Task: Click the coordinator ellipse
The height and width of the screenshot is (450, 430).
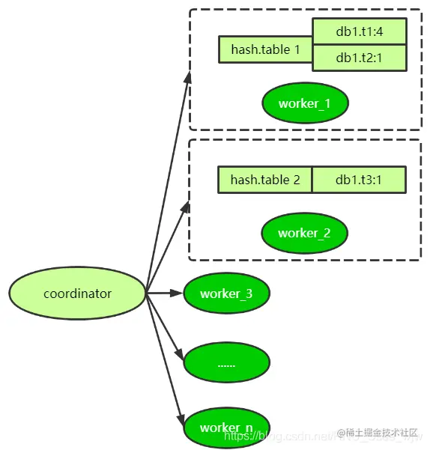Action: (77, 294)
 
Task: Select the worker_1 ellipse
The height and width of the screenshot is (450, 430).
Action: (305, 103)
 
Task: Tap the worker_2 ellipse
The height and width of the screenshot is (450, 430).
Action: (304, 233)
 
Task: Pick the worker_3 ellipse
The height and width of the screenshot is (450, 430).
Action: (226, 294)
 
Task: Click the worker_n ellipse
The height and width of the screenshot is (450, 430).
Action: (226, 428)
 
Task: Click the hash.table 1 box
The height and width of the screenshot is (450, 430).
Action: (265, 49)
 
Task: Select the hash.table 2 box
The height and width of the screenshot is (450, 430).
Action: (265, 180)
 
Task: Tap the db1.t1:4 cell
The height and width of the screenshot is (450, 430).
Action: (359, 31)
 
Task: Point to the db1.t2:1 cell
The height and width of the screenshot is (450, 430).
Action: (359, 58)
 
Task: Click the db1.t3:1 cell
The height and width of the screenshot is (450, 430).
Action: (359, 180)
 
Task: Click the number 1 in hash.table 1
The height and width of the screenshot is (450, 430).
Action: (297, 49)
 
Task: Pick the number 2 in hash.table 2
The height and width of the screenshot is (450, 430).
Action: (297, 180)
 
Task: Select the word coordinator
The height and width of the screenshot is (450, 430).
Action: (77, 294)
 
